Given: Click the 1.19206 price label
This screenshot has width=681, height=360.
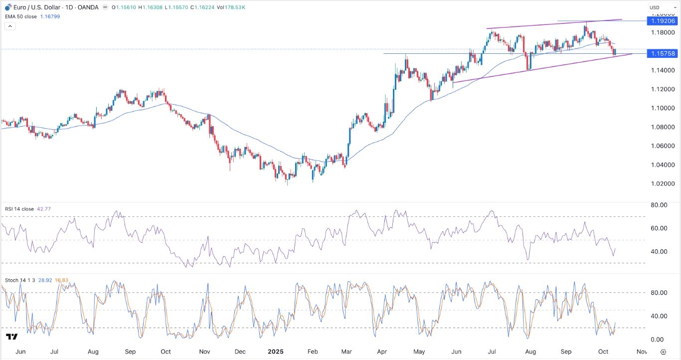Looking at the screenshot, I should coord(662,21).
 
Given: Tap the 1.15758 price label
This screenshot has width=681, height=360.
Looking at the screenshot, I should coord(662,53).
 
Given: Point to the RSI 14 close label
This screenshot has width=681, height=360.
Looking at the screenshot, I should coord(19,209).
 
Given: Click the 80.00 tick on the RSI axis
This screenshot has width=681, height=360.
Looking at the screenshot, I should coord(658,205).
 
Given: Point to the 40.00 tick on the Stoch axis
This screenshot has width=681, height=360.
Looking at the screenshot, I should coord(658,316).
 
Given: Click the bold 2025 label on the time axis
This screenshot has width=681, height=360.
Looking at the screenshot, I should coord(275,352).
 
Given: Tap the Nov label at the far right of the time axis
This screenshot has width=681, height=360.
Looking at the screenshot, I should coord(642,352).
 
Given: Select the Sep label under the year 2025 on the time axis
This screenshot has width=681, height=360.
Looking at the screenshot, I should coord(566,352).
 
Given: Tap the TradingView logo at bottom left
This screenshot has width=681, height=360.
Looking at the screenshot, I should coord(12,338).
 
